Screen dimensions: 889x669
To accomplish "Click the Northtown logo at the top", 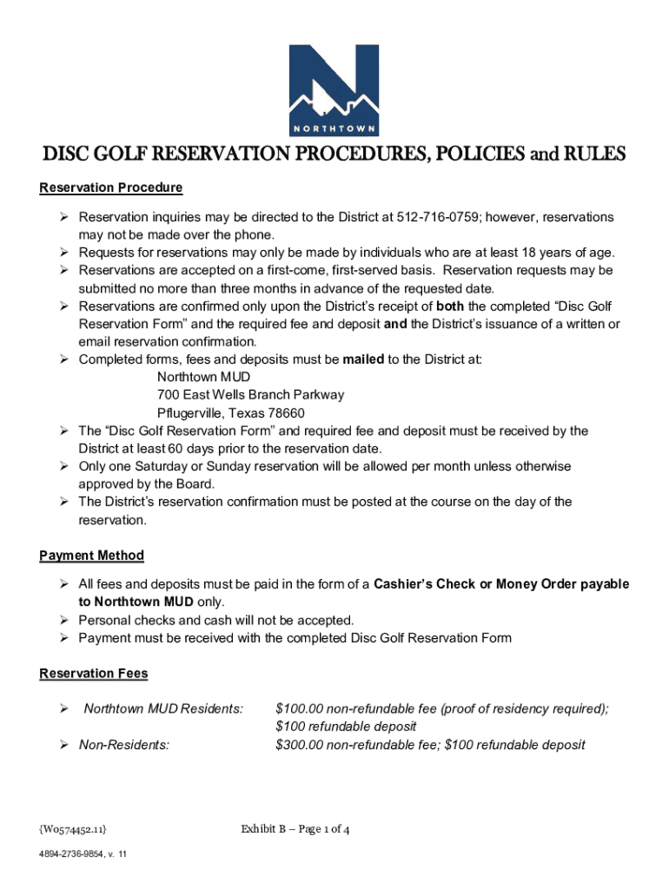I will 334,88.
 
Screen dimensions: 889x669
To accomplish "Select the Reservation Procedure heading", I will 111,188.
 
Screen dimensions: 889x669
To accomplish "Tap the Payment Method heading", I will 92,555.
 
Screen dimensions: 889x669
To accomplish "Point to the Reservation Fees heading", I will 94,674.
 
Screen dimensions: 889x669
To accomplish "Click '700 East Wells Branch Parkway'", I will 250,394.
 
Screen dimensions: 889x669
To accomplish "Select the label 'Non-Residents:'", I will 124,744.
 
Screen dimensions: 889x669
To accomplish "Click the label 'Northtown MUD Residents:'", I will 163,708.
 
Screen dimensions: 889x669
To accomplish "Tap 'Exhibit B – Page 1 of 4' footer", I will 295,829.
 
